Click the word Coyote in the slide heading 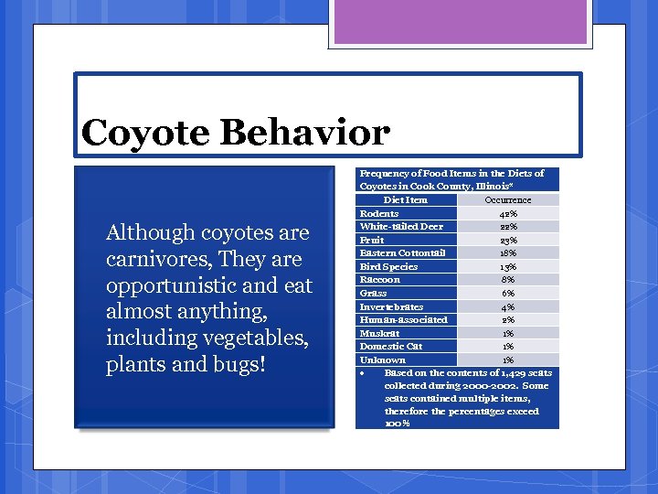(145, 134)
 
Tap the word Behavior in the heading (303, 133)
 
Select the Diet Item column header (405, 199)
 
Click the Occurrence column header (507, 199)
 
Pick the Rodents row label (379, 213)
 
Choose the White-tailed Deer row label (401, 226)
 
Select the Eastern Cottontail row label (402, 252)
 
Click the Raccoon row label (379, 279)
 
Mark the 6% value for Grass (508, 293)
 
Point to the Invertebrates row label (391, 306)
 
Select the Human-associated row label (403, 319)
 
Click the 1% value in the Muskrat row (508, 333)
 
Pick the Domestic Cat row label (391, 346)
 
